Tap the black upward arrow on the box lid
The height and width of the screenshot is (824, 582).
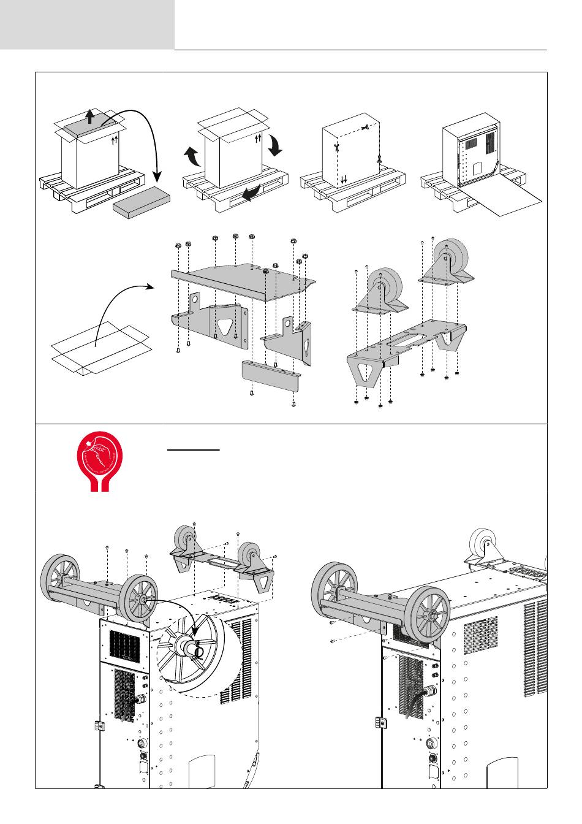(90, 116)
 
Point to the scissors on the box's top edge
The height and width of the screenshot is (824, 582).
(365, 128)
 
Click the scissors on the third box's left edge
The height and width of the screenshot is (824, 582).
(336, 148)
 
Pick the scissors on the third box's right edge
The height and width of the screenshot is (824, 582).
(380, 161)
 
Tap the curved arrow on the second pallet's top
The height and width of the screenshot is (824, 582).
(252, 193)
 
